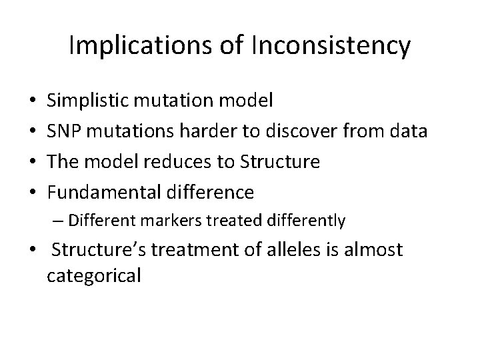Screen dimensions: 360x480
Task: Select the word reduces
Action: [180, 162]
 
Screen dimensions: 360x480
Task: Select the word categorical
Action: [94, 275]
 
